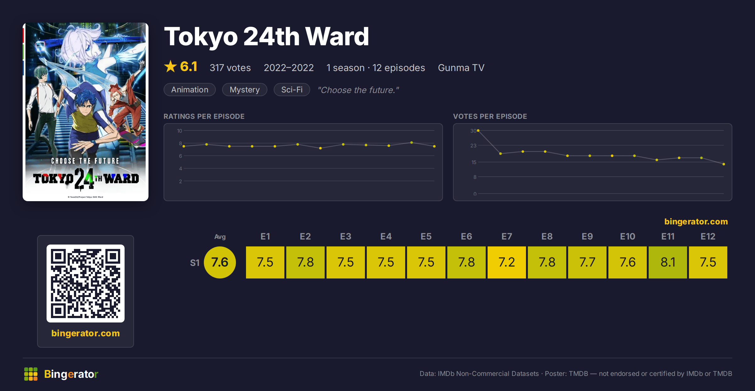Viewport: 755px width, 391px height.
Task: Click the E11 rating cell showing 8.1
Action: pos(668,262)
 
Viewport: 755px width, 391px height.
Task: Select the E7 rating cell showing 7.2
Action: pos(506,262)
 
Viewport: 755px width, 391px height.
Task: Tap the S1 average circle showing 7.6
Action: pos(220,262)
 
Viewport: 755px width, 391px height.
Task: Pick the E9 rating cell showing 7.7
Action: pos(587,262)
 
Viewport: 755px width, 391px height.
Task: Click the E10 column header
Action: pos(628,236)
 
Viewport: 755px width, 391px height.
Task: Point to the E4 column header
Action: pos(386,236)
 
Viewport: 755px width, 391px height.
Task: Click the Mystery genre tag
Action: pos(245,90)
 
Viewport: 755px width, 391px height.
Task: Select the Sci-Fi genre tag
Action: pos(292,90)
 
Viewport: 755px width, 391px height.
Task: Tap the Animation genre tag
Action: pos(190,90)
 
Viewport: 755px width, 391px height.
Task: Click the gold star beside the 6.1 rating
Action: pos(171,66)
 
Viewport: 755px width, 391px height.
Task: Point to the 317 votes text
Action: pos(230,68)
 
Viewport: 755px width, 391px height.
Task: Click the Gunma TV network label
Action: pos(461,68)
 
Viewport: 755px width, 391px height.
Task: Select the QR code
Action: pos(86,284)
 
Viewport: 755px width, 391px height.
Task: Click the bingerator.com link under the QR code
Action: pos(86,333)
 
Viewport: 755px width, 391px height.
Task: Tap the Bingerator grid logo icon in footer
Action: pos(31,374)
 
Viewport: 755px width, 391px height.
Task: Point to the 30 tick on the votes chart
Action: pos(473,131)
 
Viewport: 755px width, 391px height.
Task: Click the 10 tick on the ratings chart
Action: pos(179,131)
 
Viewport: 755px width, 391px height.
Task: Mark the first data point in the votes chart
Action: pos(478,130)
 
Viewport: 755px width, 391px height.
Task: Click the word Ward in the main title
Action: pos(337,36)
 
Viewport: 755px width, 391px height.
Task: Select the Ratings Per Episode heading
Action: pos(204,116)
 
